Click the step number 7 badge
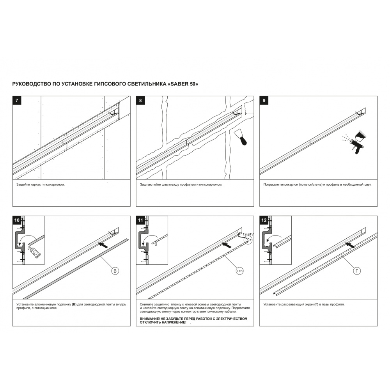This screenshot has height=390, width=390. (x=17, y=101)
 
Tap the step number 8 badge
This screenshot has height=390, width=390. (x=140, y=101)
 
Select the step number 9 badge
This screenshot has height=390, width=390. (x=264, y=101)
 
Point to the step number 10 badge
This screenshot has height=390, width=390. (x=17, y=220)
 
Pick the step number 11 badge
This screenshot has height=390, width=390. (x=140, y=220)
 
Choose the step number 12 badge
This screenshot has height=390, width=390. (x=264, y=220)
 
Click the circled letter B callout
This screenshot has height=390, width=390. (x=115, y=271)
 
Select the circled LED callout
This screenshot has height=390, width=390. (x=239, y=271)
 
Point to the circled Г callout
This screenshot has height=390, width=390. (x=357, y=271)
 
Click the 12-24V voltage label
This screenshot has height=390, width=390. (x=248, y=234)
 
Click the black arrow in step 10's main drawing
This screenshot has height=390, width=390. (x=103, y=245)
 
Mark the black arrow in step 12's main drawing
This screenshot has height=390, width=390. (x=350, y=245)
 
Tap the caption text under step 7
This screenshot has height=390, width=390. (x=41, y=184)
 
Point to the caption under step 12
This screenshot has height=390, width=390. (x=304, y=304)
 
